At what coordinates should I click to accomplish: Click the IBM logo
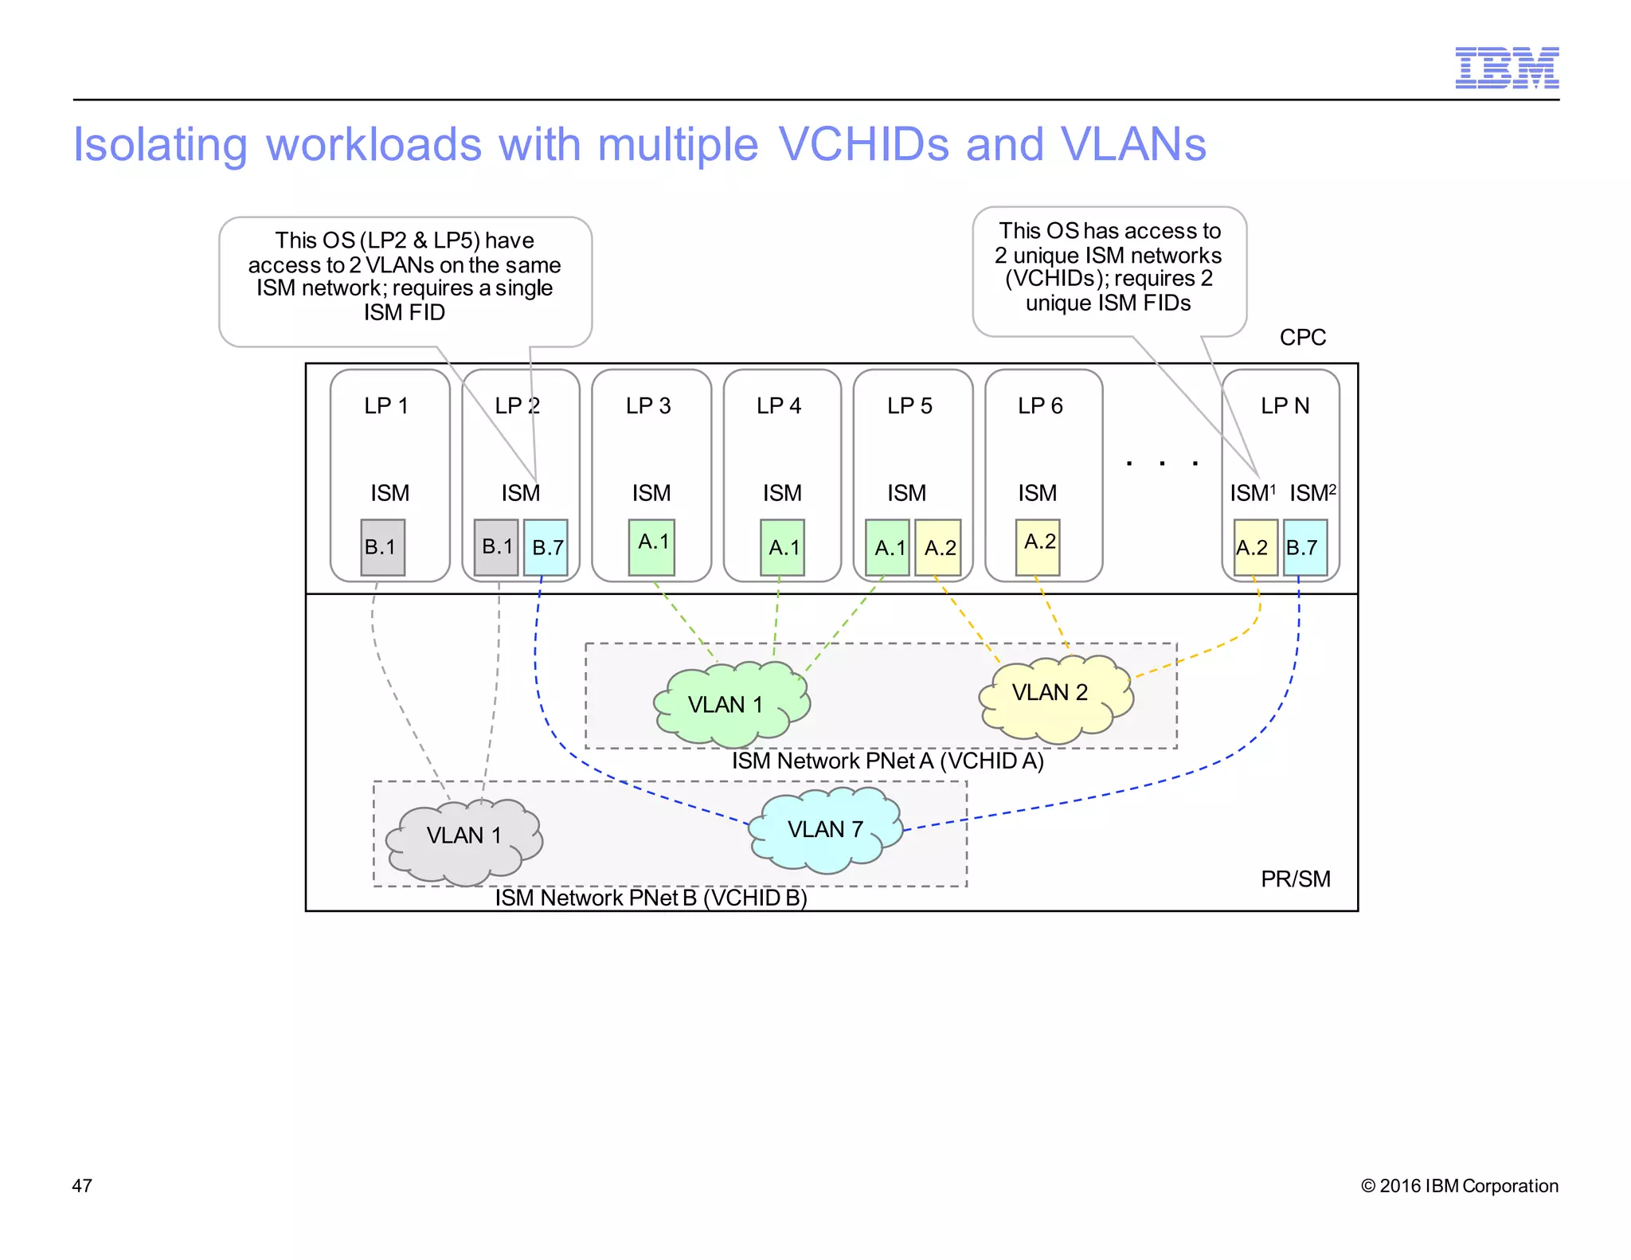coord(1506,68)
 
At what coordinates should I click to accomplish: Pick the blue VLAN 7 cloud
coord(826,830)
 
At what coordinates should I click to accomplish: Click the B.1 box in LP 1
coord(382,547)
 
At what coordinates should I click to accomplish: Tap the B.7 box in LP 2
coord(546,547)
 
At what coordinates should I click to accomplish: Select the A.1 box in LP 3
coord(651,546)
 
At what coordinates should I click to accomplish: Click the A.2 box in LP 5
coord(938,547)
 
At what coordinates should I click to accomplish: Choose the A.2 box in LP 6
coord(1038,546)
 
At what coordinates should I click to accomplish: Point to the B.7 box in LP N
coord(1305,547)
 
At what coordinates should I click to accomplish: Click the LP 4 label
coord(779,406)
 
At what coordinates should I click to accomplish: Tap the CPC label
coord(1302,338)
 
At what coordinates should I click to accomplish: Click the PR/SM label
coord(1295,879)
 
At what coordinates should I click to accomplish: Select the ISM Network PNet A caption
coord(887,761)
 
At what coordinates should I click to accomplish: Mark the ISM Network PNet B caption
coord(651,898)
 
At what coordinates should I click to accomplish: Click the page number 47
coord(82,1186)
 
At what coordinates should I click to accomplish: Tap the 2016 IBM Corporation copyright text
coord(1459,1186)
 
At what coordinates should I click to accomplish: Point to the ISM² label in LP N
coord(1312,493)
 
